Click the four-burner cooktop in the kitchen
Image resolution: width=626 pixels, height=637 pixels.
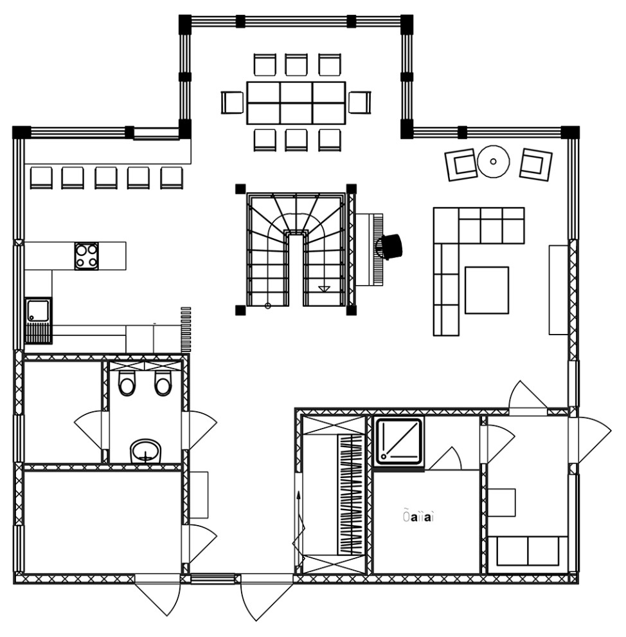click(x=87, y=255)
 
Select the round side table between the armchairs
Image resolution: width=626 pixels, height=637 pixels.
click(x=493, y=161)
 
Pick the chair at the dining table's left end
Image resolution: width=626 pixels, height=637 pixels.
click(x=232, y=102)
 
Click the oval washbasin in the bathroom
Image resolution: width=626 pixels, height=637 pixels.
click(x=146, y=451)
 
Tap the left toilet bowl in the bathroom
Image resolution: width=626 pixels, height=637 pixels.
click(x=127, y=384)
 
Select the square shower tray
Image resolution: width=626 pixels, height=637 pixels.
click(x=398, y=441)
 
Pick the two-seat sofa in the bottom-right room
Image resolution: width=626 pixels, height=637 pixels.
click(x=528, y=552)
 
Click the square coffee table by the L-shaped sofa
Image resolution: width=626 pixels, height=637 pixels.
click(x=487, y=290)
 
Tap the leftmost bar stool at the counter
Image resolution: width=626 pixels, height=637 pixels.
click(x=40, y=178)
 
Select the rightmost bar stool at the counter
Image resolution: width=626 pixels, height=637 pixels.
click(x=171, y=178)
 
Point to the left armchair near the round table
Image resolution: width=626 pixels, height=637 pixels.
click(x=460, y=164)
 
